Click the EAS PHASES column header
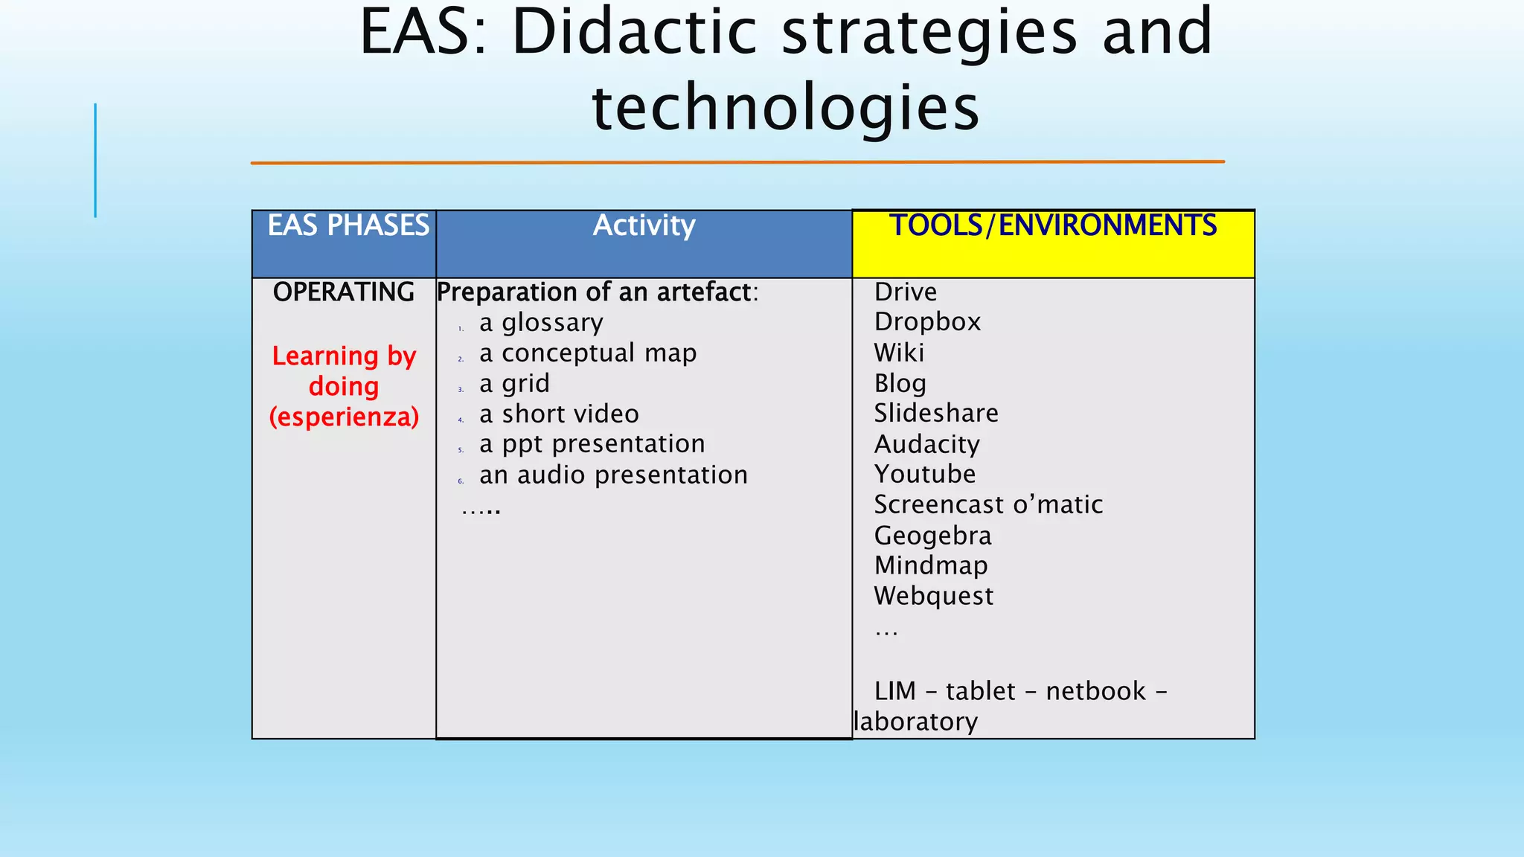pyautogui.click(x=348, y=225)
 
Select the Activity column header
pyautogui.click(x=644, y=225)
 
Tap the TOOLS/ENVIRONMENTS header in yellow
pyautogui.click(x=1053, y=225)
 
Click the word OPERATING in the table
pyautogui.click(x=344, y=292)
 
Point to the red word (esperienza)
pyautogui.click(x=344, y=417)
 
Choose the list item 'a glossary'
pyautogui.click(x=541, y=323)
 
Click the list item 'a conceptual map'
pyautogui.click(x=588, y=353)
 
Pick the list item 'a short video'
pyautogui.click(x=559, y=414)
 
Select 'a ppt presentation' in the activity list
pyautogui.click(x=592, y=444)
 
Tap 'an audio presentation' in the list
pyautogui.click(x=613, y=475)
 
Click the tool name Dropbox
pyautogui.click(x=927, y=322)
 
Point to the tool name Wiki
pyautogui.click(x=899, y=353)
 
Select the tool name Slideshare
pyautogui.click(x=936, y=413)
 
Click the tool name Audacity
pyautogui.click(x=926, y=444)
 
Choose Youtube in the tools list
pyautogui.click(x=925, y=474)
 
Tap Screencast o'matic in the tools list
pyautogui.click(x=988, y=504)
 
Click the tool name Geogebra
pyautogui.click(x=932, y=536)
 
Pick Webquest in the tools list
pyautogui.click(x=933, y=596)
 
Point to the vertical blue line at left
pyautogui.click(x=95, y=160)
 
